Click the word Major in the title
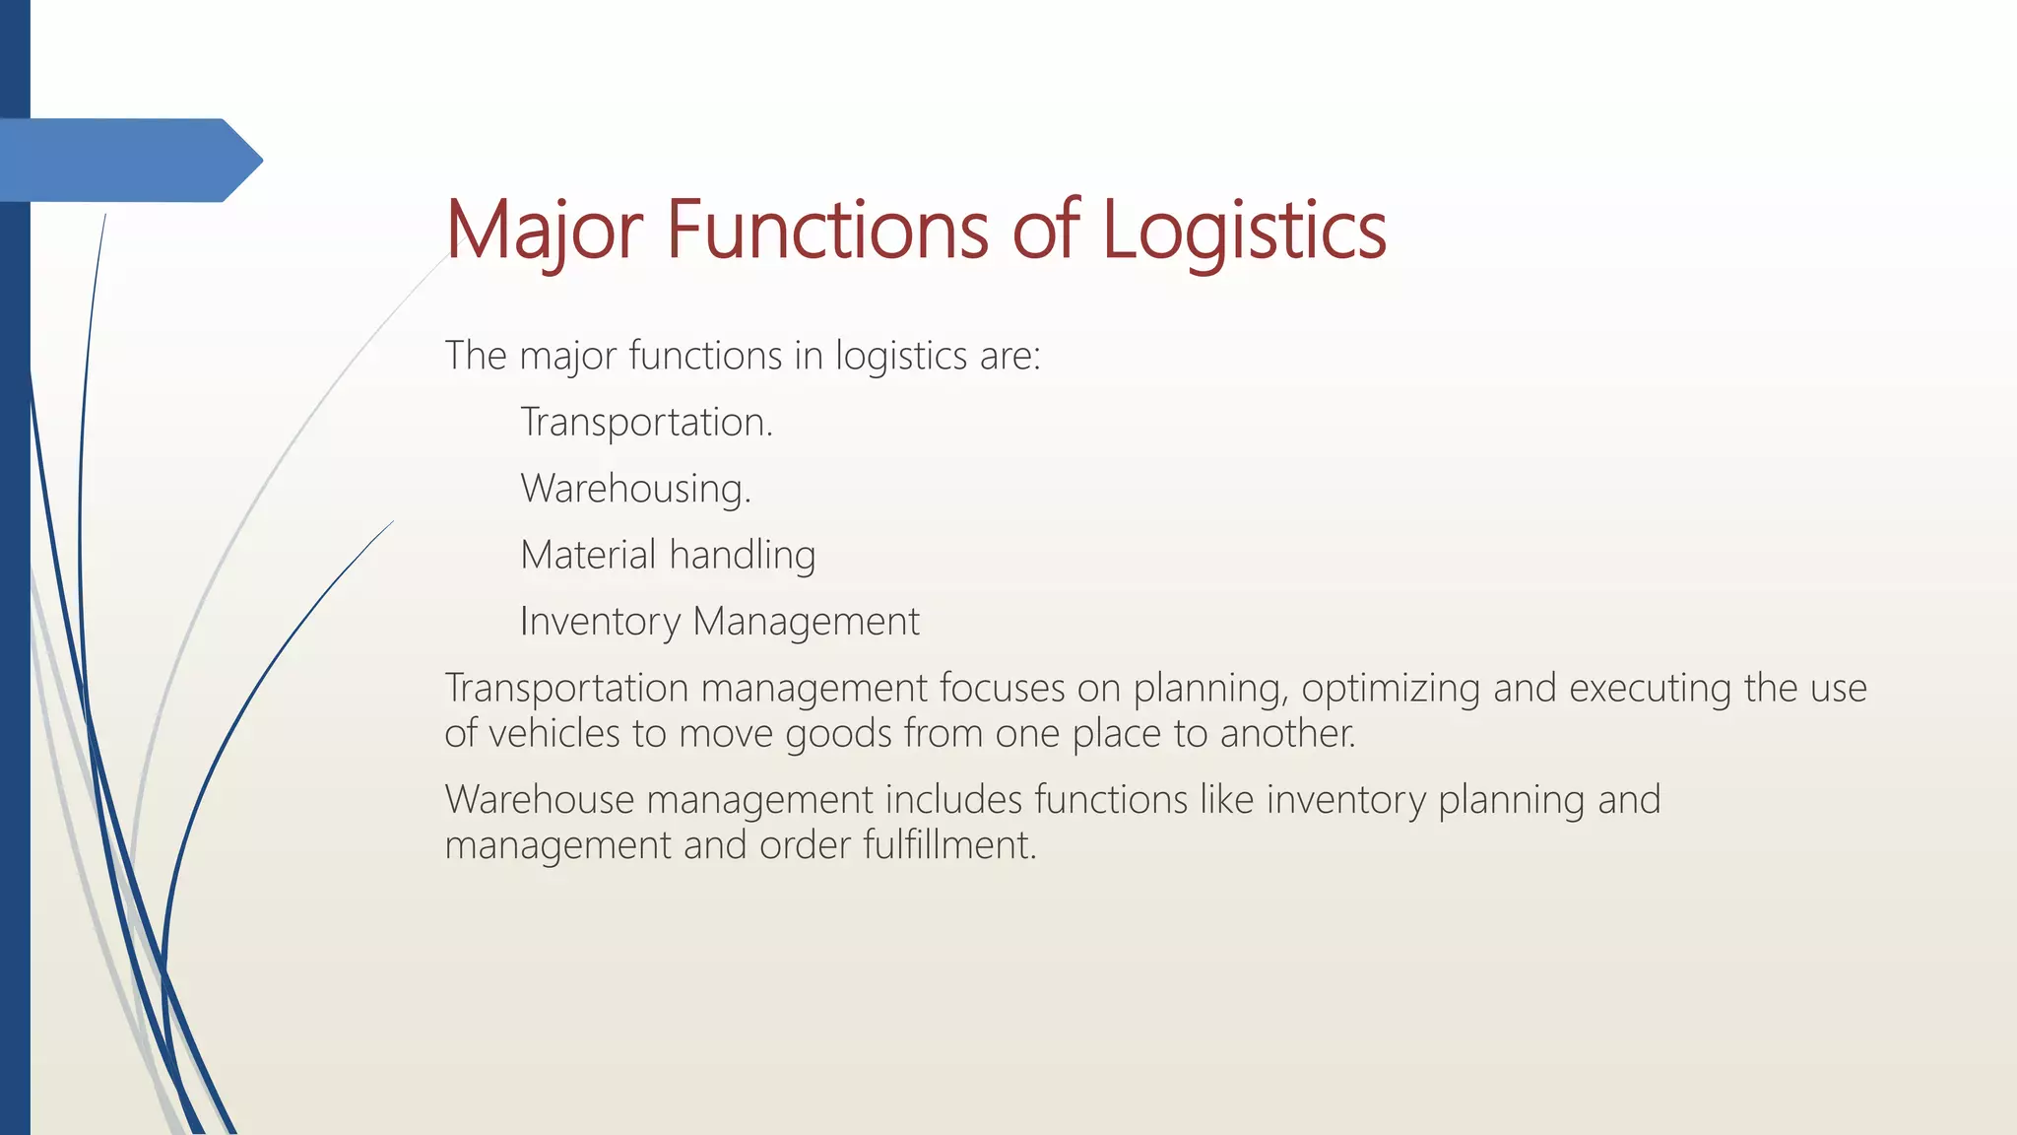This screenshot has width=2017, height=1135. pyautogui.click(x=544, y=231)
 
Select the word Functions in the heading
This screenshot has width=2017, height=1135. pyautogui.click(x=827, y=231)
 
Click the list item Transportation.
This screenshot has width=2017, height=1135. pyautogui.click(x=646, y=423)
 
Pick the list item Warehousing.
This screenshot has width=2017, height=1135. pyautogui.click(x=635, y=489)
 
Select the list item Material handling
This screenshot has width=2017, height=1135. pyautogui.click(x=668, y=555)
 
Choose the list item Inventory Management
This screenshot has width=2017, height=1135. pyautogui.click(x=719, y=622)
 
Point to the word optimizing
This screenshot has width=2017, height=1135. pyautogui.click(x=1391, y=689)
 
